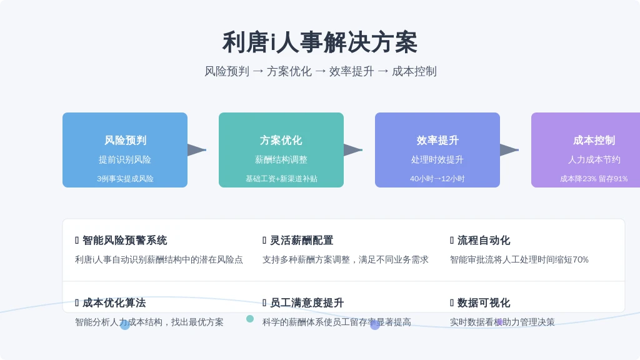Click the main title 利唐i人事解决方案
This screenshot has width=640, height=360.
(x=320, y=42)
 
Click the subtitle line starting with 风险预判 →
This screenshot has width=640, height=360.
(x=321, y=71)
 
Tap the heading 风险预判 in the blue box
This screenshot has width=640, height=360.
(x=125, y=141)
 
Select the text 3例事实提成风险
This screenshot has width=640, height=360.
(x=125, y=179)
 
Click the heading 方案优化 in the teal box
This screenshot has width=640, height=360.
(x=281, y=141)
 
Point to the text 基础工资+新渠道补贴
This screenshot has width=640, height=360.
(x=281, y=179)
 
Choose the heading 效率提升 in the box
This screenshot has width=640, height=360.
(x=437, y=141)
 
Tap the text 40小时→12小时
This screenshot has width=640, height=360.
(x=437, y=179)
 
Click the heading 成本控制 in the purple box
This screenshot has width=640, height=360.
(x=594, y=141)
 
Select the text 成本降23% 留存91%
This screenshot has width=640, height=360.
(x=594, y=179)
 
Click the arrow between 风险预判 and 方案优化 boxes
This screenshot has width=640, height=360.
(x=197, y=150)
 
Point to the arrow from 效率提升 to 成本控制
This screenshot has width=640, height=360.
(x=509, y=150)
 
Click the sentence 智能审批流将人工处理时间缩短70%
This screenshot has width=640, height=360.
(x=519, y=259)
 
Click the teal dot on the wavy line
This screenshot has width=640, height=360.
(x=250, y=319)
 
